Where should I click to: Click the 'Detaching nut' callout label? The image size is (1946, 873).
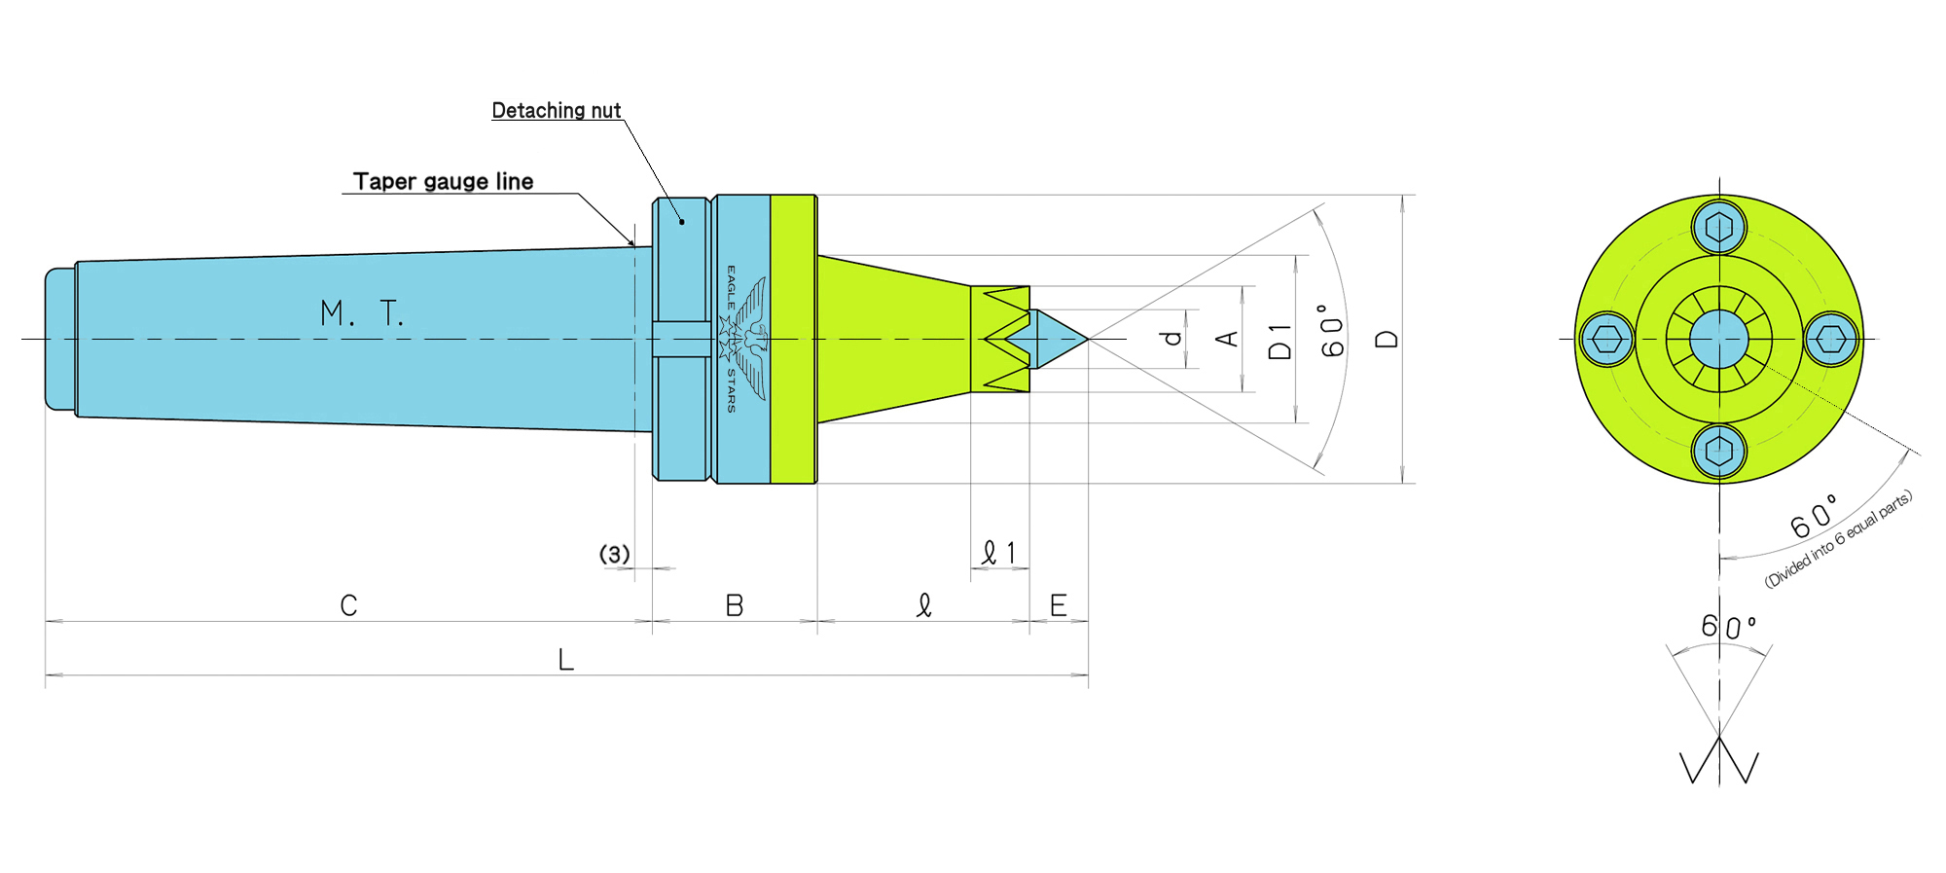click(556, 111)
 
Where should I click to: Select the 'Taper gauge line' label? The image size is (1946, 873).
click(443, 182)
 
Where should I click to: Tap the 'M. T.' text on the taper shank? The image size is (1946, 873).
click(361, 313)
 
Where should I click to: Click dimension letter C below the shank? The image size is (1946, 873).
click(348, 605)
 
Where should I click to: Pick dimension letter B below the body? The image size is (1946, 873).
click(735, 605)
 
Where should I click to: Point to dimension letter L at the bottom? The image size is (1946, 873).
click(565, 660)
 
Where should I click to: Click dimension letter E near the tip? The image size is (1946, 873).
click(1058, 605)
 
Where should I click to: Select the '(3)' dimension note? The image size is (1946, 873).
click(614, 554)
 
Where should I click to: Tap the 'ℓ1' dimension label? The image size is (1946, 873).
click(999, 553)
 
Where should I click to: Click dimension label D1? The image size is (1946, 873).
click(1280, 342)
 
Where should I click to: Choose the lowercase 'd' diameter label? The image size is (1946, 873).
click(1172, 338)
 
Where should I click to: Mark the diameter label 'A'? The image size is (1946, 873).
click(1228, 338)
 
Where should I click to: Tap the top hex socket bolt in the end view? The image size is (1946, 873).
click(1719, 228)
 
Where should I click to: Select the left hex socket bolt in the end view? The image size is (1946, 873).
click(1606, 340)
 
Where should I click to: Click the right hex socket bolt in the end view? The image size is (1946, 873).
click(1832, 340)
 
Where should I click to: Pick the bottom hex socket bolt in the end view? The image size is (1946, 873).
click(1719, 452)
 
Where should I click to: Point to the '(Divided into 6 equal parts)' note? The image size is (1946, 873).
click(1838, 538)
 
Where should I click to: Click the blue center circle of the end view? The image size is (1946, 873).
click(1719, 340)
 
